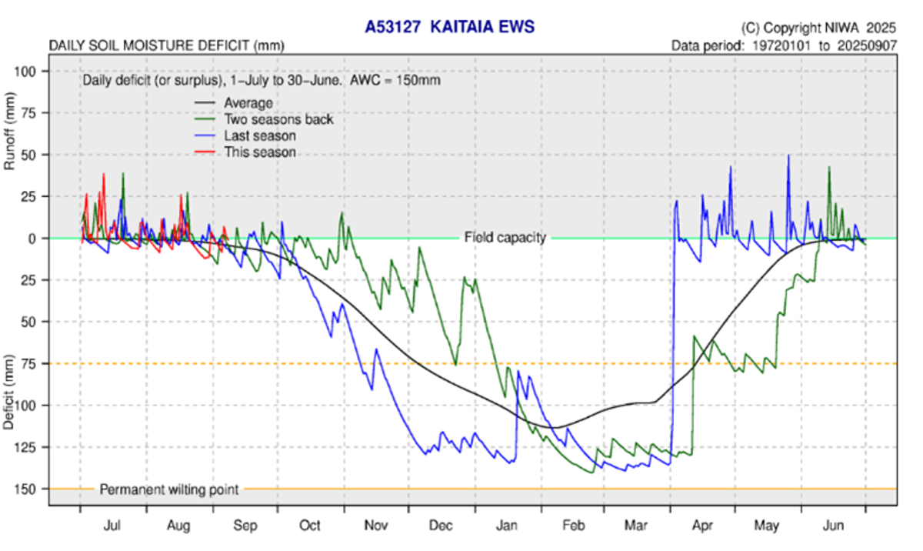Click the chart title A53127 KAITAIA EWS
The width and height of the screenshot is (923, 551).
449,28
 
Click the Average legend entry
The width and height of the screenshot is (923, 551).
248,102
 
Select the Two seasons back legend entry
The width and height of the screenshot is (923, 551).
278,119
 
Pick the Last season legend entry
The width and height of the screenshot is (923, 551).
260,136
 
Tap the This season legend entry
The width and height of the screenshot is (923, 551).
260,152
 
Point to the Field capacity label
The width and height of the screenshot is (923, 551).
505,237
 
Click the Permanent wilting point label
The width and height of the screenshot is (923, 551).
169,489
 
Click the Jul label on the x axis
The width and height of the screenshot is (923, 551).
112,526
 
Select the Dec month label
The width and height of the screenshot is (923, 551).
442,526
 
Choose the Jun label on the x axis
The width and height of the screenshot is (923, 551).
833,526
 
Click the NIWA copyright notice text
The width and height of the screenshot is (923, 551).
819,28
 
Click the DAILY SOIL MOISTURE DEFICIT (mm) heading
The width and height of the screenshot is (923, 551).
167,45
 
